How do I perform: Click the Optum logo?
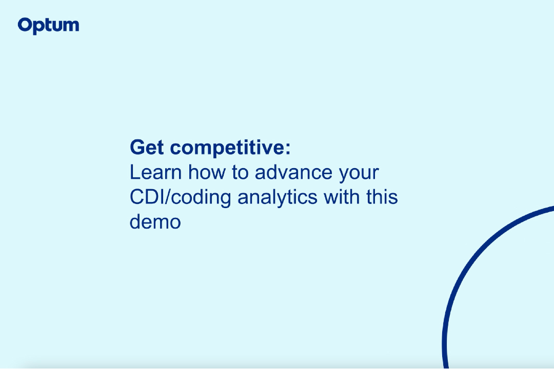click(48, 26)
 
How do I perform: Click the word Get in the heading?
click(147, 147)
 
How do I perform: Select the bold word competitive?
click(227, 148)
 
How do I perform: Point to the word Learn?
click(155, 172)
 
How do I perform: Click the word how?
click(207, 172)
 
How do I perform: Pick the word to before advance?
click(240, 173)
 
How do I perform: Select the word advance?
click(293, 172)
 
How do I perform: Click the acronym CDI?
click(147, 197)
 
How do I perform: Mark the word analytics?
click(278, 198)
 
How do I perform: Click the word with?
click(342, 197)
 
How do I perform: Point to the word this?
click(382, 197)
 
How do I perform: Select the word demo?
click(155, 221)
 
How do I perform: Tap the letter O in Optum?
click(25, 26)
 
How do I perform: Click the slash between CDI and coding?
click(168, 197)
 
